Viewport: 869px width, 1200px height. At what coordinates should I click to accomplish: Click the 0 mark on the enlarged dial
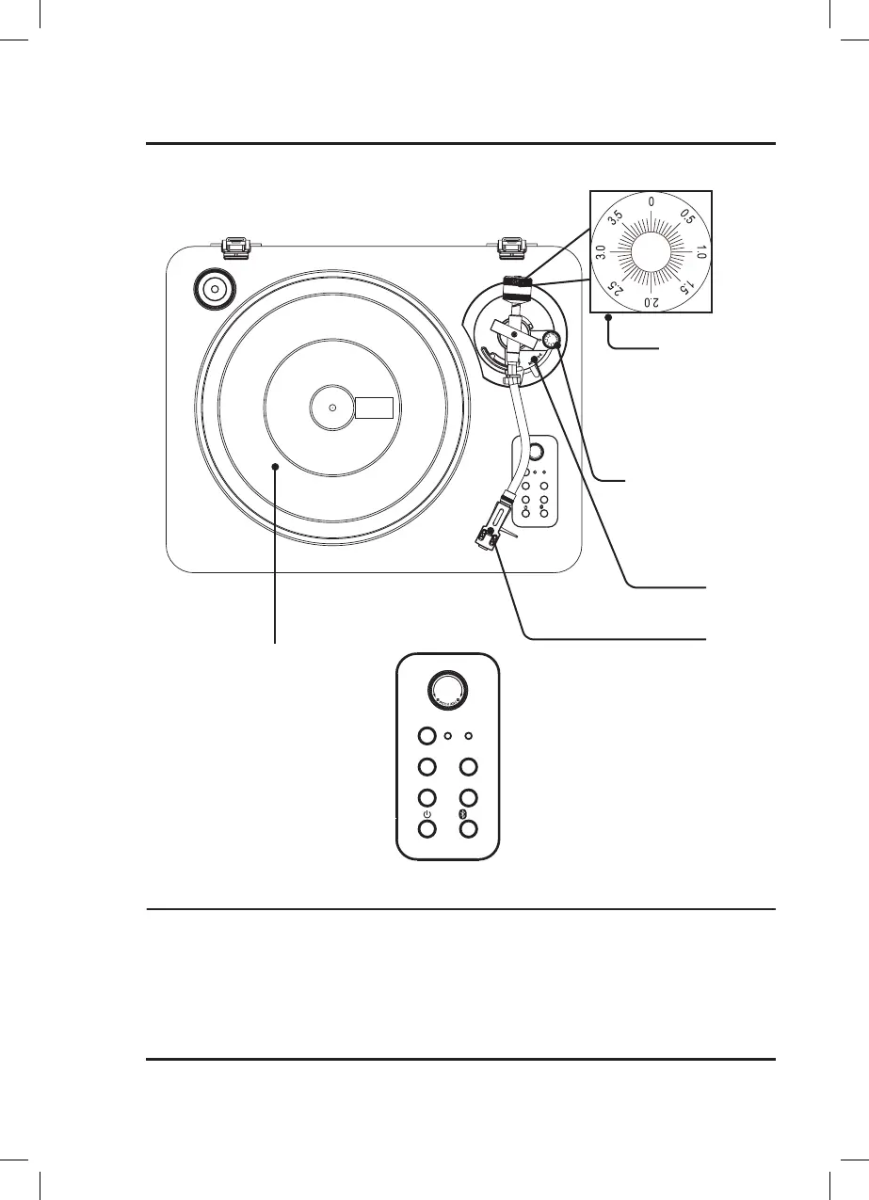652,201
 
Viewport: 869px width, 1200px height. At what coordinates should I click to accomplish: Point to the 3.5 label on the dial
617,218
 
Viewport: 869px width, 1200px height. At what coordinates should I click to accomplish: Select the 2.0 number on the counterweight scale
651,301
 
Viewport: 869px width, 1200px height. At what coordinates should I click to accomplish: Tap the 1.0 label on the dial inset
701,252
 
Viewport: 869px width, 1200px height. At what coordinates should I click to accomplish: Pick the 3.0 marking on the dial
601,252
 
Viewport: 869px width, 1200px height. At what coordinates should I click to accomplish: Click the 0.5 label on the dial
687,218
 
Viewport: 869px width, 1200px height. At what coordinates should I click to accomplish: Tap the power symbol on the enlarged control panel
427,814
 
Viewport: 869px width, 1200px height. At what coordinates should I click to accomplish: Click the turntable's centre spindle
332,408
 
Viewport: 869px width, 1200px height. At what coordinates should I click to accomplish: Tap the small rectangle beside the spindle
375,408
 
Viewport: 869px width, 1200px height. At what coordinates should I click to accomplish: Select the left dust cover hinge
234,247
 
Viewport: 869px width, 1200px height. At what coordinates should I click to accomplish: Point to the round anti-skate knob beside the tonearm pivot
552,339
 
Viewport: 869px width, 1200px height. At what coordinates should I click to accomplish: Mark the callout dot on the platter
275,465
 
